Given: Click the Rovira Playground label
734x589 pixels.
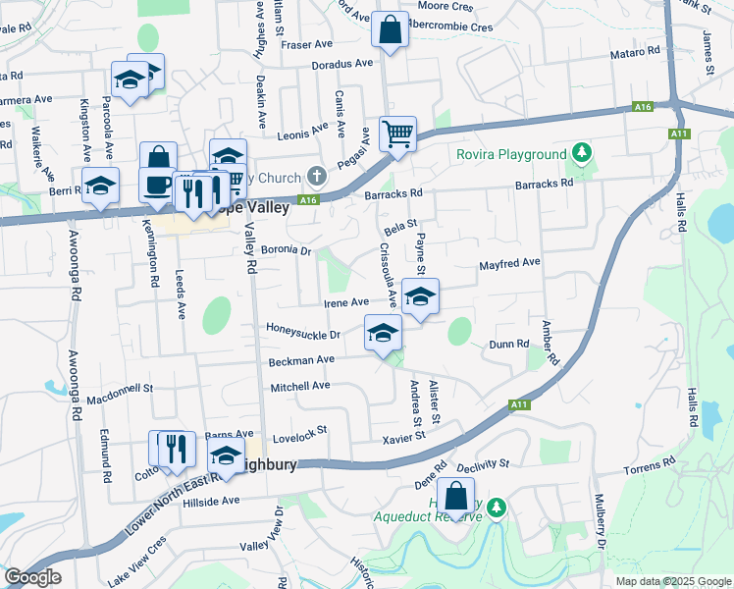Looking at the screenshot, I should click(511, 154).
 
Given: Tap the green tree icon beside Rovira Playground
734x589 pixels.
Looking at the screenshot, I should click(583, 152).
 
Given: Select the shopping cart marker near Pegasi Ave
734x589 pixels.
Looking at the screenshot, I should click(397, 134).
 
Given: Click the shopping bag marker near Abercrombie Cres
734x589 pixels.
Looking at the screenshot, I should click(390, 30).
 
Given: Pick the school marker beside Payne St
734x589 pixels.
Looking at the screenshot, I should click(420, 297).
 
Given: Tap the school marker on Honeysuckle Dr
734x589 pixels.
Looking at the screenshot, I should click(383, 333).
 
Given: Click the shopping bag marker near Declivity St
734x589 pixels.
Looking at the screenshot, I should click(454, 496).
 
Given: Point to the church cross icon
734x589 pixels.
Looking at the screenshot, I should click(316, 177).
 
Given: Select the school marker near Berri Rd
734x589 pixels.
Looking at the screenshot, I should click(100, 186).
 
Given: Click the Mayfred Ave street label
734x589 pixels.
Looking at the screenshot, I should click(509, 264).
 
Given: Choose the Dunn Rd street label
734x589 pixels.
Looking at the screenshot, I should click(509, 345).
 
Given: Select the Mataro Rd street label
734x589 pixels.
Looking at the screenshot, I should click(637, 52).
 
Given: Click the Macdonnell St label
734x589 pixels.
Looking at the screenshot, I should click(120, 394).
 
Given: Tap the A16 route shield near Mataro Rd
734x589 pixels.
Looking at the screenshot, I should click(643, 106).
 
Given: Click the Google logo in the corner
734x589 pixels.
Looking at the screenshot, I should click(31, 577).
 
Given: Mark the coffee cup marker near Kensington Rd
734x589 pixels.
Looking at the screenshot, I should click(158, 185).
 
